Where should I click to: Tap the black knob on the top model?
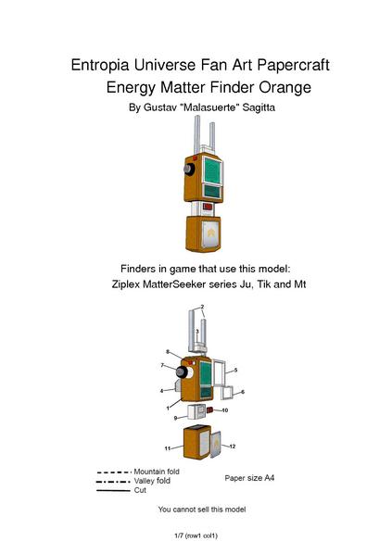(188, 171)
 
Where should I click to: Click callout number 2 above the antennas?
(203, 308)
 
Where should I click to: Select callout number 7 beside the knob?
(162, 366)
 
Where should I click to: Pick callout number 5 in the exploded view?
(235, 370)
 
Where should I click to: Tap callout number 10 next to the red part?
(224, 409)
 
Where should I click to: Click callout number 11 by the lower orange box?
(168, 448)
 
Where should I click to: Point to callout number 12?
(232, 447)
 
